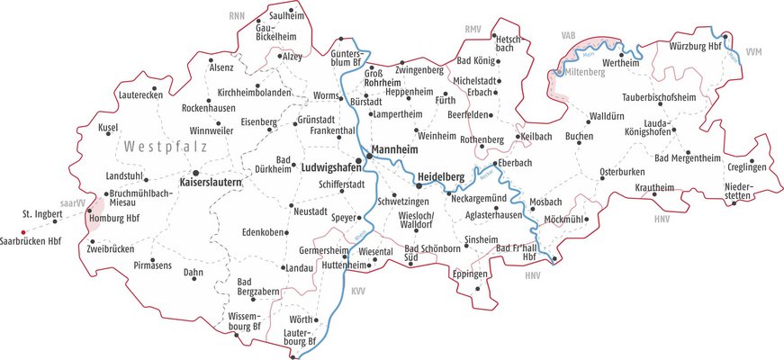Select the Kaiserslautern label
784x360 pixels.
tap(212, 183)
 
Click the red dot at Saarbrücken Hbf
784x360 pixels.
tap(23, 230)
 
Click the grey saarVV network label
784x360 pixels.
tap(72, 203)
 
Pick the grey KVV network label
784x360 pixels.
tap(358, 291)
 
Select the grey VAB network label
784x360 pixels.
tap(568, 35)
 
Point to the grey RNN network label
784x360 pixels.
tap(237, 15)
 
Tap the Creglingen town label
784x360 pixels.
tap(747, 168)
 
